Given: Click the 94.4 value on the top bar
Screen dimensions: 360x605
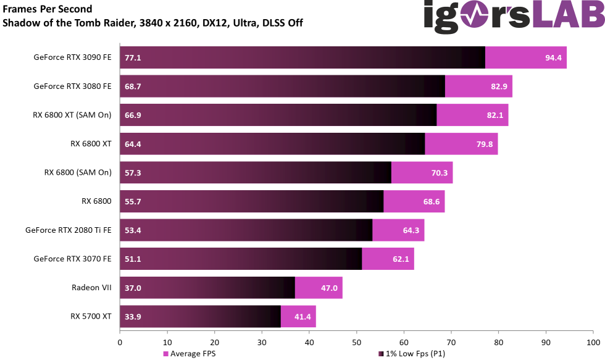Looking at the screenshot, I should pyautogui.click(x=553, y=57).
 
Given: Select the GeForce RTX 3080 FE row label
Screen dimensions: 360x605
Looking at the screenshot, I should pyautogui.click(x=72, y=86).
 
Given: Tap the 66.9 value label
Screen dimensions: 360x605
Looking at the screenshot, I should pyautogui.click(x=133, y=115).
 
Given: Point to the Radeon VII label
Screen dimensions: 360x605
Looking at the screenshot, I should pyautogui.click(x=91, y=288).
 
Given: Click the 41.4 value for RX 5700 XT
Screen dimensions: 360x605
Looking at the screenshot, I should pyautogui.click(x=302, y=317).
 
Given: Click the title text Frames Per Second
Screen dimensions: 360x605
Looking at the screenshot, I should pyautogui.click(x=48, y=9).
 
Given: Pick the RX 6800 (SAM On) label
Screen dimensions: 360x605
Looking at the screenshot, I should pyautogui.click(x=78, y=172).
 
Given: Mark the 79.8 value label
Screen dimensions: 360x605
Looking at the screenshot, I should pyautogui.click(x=484, y=144).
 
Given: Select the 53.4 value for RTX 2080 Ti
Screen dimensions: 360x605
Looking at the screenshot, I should pyautogui.click(x=133, y=230).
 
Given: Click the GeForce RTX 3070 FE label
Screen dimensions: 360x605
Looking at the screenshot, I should pyautogui.click(x=72, y=259).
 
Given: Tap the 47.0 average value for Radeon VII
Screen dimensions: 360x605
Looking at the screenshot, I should pyautogui.click(x=329, y=288).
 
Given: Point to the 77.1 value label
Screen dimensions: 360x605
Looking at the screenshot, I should pyautogui.click(x=133, y=57).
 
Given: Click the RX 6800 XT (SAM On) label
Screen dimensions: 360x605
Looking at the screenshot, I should pyautogui.click(x=72, y=115).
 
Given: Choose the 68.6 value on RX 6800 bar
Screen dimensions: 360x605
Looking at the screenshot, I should pyautogui.click(x=431, y=201).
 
